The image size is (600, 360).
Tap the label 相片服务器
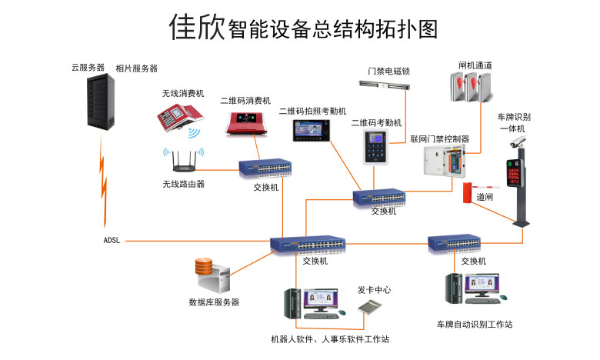(136, 68)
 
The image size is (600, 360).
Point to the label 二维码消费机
(245, 100)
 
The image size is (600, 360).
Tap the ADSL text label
(112, 241)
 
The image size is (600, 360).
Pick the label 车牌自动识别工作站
(474, 325)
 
